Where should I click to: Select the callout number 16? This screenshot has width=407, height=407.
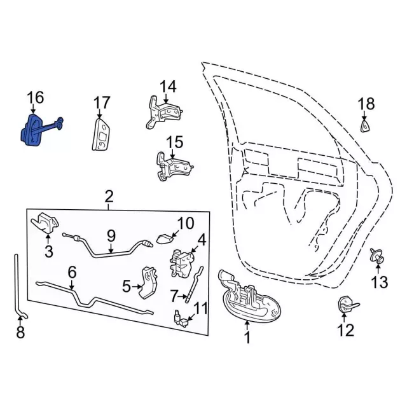(36, 97)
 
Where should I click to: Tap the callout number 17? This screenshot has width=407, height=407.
(102, 102)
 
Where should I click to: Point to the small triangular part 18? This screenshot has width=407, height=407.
(364, 127)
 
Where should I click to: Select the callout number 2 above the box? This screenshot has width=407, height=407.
(109, 197)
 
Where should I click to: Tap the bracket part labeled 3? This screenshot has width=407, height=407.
(45, 223)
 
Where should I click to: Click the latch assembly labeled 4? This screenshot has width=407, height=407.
(183, 263)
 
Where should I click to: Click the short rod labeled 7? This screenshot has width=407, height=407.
(194, 284)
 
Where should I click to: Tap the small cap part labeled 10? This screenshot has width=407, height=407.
(165, 239)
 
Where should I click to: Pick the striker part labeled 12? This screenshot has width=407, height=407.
(347, 305)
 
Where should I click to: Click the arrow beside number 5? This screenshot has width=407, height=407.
(137, 287)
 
